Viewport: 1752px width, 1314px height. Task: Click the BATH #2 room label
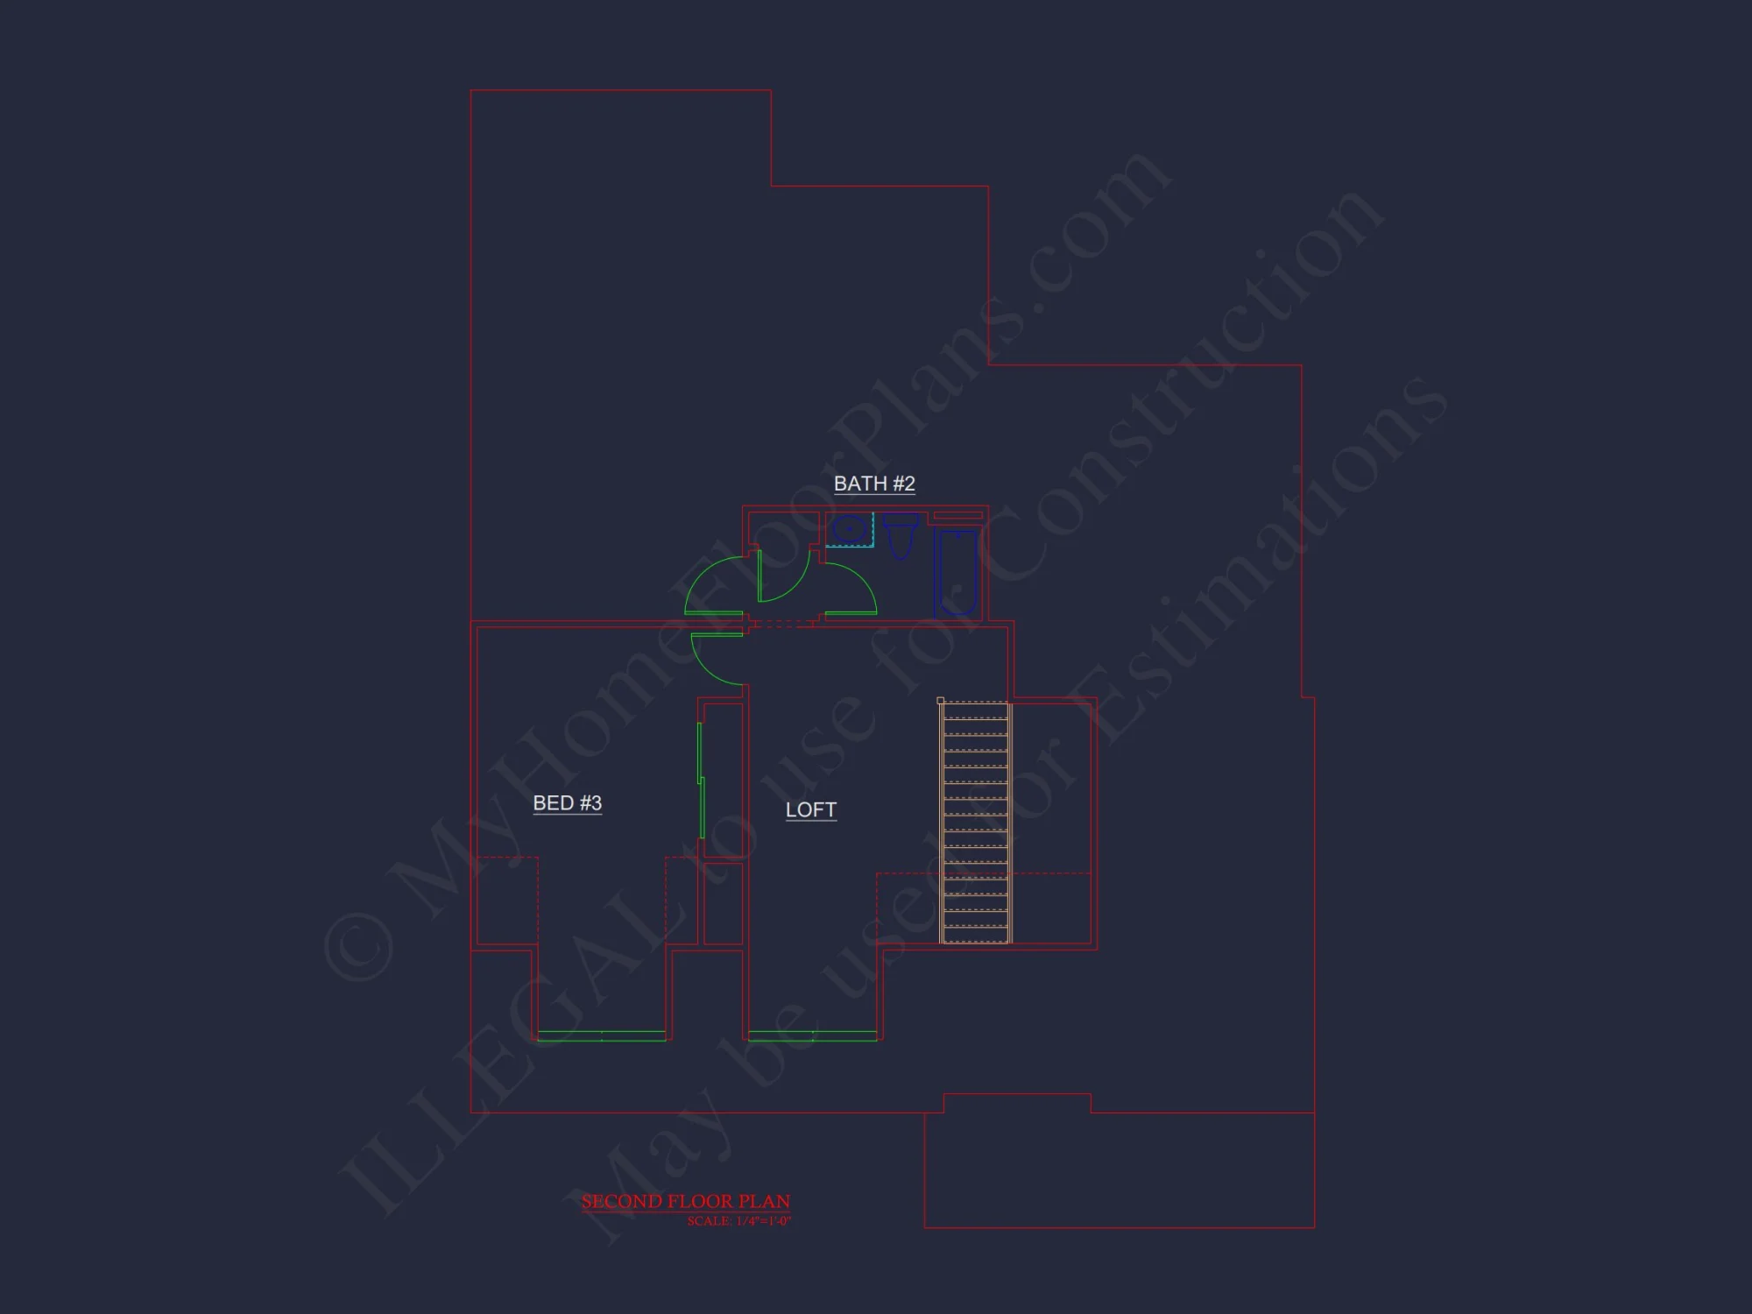[874, 484]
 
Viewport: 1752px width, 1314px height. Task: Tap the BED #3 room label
[567, 803]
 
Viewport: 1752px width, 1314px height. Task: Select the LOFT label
[810, 810]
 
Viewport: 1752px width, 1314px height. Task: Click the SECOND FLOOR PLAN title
[686, 1201]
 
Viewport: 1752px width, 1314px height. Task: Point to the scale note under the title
[738, 1221]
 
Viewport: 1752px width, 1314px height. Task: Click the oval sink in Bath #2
[848, 529]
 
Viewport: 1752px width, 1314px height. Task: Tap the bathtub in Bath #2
[956, 571]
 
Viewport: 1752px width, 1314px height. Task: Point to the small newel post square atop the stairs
[941, 701]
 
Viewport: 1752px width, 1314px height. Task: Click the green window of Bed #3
[602, 1035]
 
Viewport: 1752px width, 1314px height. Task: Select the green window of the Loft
[813, 1035]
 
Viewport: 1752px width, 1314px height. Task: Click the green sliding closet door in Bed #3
[701, 780]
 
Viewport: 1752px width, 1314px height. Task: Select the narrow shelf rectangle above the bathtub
[957, 516]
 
